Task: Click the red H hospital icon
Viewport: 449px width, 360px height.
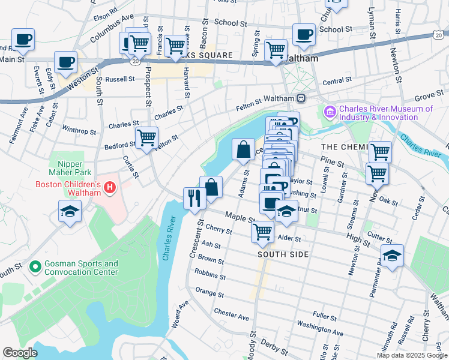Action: [x=109, y=188]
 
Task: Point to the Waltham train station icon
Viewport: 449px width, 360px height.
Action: [x=301, y=98]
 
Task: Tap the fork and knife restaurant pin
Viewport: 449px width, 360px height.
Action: [x=194, y=197]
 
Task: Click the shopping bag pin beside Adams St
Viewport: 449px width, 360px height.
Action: [x=243, y=149]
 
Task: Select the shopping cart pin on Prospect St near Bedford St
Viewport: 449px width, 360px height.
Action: [x=146, y=138]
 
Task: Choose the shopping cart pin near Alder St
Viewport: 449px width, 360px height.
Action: [x=262, y=231]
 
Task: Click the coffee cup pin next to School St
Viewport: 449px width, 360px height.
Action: [x=304, y=35]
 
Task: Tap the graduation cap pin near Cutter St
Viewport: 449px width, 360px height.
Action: [x=392, y=255]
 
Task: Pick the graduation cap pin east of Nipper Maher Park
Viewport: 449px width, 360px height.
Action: [x=70, y=211]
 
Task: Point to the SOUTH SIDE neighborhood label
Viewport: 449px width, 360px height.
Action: [x=283, y=254]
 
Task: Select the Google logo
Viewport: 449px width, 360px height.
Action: [x=20, y=352]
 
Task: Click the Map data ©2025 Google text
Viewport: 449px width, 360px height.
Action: [x=412, y=355]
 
